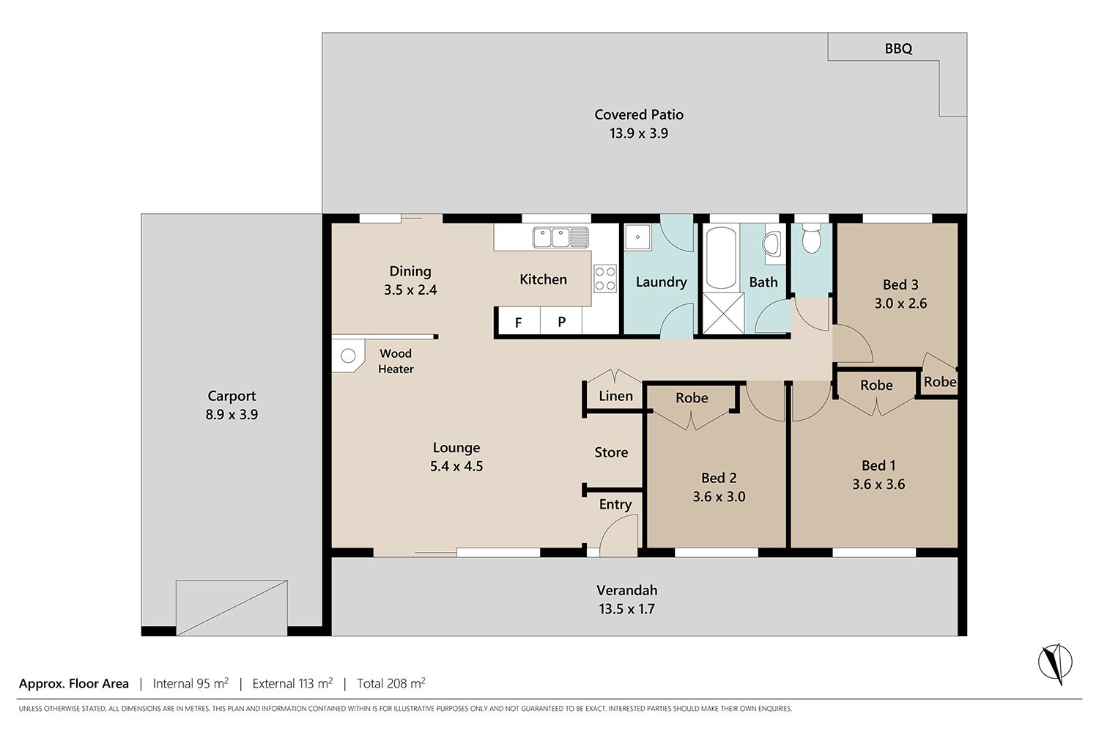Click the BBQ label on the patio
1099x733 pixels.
(x=898, y=48)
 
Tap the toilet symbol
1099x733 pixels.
(x=811, y=238)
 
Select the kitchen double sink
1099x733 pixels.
(x=560, y=237)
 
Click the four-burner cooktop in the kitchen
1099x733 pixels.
(x=605, y=279)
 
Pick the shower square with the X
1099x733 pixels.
(x=724, y=313)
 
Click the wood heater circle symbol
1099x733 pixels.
(x=348, y=356)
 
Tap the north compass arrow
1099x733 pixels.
(x=1055, y=663)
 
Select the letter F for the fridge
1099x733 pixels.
(x=518, y=323)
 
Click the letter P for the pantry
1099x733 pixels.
(x=562, y=322)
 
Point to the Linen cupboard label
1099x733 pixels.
(x=615, y=396)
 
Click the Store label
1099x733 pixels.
(x=611, y=452)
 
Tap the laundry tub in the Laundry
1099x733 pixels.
(x=638, y=237)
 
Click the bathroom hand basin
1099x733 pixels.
(x=771, y=244)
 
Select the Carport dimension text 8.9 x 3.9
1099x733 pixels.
(x=232, y=414)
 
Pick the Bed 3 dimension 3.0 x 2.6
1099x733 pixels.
(x=900, y=303)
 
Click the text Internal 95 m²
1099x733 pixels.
(x=190, y=683)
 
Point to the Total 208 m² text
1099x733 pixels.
(x=391, y=683)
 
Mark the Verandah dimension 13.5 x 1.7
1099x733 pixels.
(x=626, y=609)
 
